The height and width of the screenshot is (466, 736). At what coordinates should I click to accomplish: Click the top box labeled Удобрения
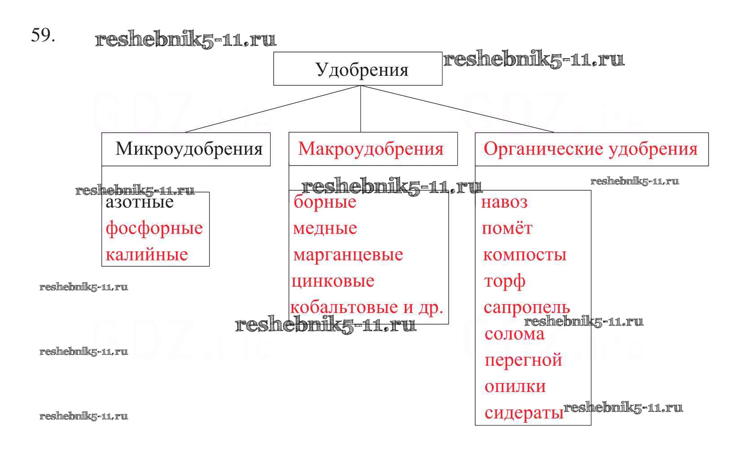(x=358, y=69)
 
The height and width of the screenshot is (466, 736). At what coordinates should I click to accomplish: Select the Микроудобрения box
(x=186, y=149)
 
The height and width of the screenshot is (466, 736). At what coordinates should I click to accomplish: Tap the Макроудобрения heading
(x=371, y=149)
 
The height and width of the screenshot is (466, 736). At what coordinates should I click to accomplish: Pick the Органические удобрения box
(x=591, y=149)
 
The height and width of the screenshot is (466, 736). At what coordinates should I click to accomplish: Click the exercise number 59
(x=43, y=35)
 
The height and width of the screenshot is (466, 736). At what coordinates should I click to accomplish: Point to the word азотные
(x=140, y=203)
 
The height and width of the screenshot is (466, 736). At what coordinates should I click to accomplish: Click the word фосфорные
(x=154, y=229)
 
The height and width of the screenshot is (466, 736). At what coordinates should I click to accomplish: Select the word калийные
(x=147, y=255)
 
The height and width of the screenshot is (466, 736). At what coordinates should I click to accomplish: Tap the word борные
(x=325, y=202)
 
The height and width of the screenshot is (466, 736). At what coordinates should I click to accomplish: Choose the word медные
(x=325, y=229)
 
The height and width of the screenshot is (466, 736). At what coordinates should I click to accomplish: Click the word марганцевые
(x=348, y=255)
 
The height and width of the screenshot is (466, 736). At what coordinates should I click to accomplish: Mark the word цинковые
(x=333, y=281)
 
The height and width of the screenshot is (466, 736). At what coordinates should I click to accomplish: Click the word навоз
(x=504, y=202)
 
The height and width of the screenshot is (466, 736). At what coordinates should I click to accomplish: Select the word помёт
(x=507, y=229)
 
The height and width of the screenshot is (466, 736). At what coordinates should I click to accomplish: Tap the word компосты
(x=525, y=255)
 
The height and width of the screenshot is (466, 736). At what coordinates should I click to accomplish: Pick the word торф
(x=504, y=282)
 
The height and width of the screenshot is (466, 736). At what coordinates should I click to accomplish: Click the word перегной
(x=523, y=360)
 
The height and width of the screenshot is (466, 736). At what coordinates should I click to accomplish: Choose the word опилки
(x=515, y=386)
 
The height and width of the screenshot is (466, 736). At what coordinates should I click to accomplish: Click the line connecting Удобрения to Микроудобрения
(x=273, y=109)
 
